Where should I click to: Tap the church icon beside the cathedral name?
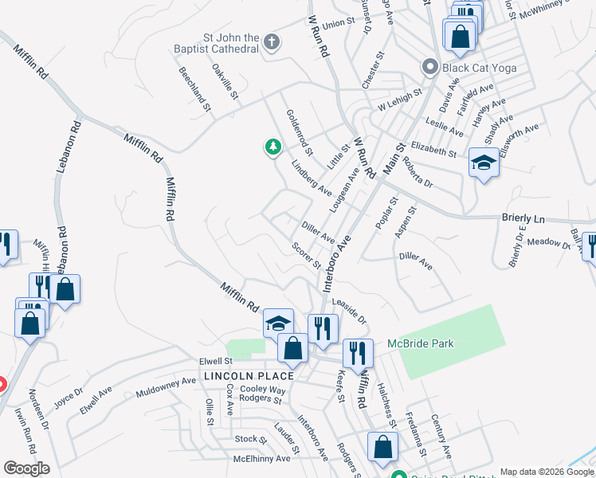point(272,42)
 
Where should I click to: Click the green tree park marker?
point(273,147)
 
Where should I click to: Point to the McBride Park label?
point(421,343)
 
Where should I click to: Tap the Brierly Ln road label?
point(522,217)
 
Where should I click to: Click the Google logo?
point(26,468)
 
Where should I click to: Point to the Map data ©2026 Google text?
point(547,472)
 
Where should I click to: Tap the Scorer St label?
point(306,255)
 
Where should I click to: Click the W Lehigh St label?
point(398,104)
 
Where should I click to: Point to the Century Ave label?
point(441,436)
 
